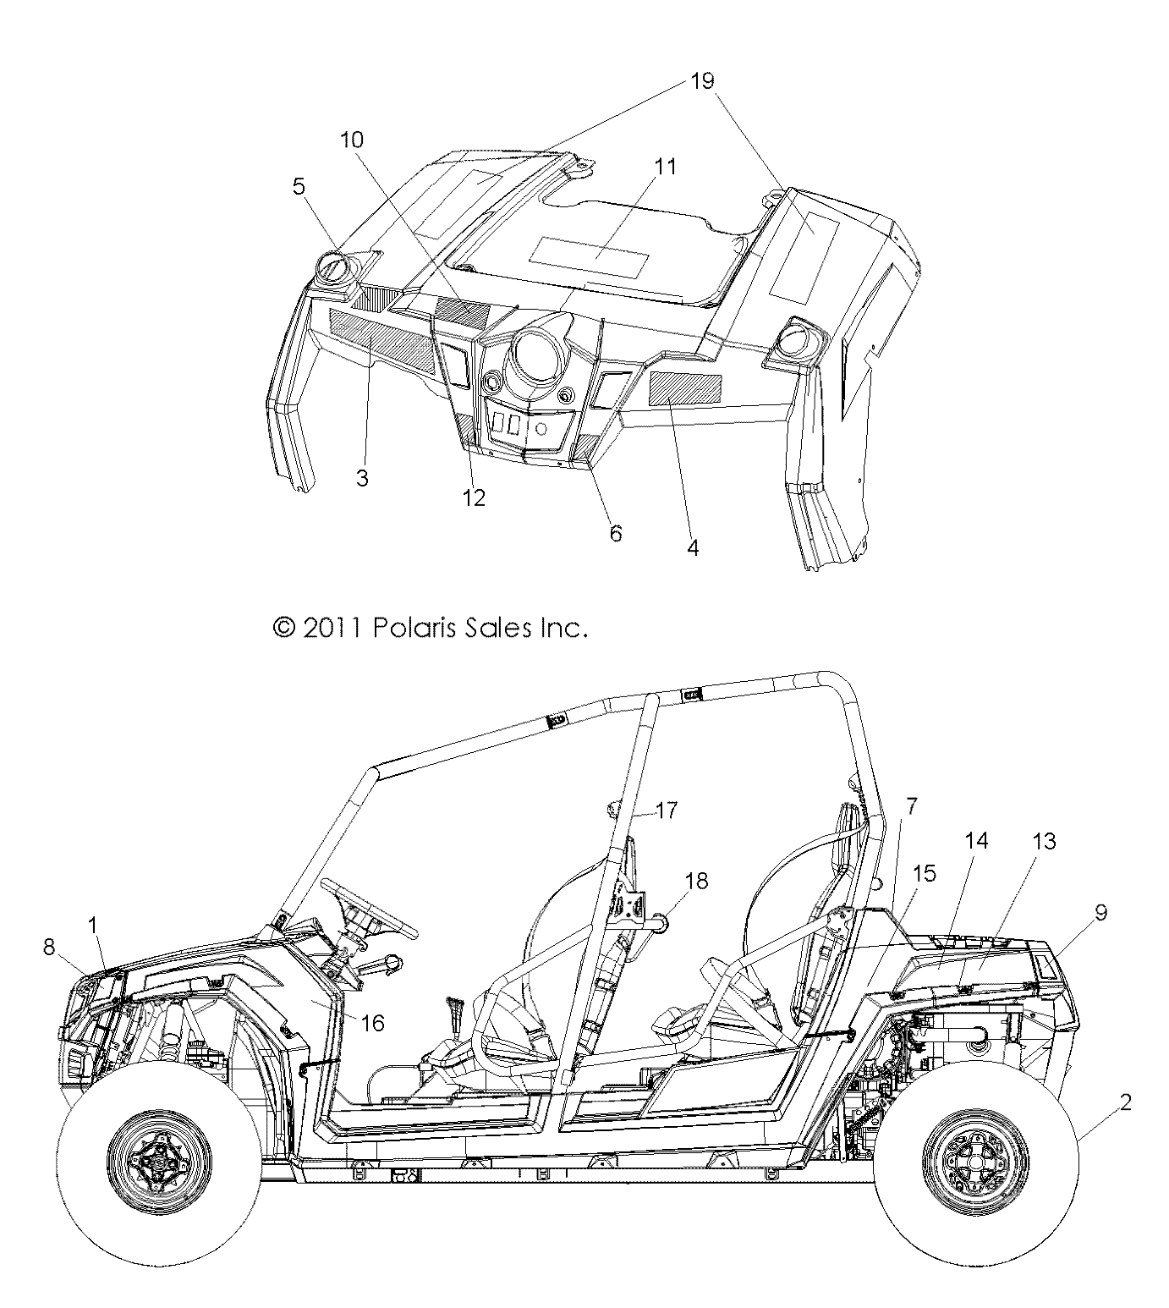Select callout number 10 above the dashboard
point(352,139)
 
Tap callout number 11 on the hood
point(666,167)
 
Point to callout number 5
point(299,186)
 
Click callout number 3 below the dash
point(362,478)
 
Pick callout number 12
point(474,497)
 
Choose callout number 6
point(615,533)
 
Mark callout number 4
point(692,547)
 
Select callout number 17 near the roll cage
point(666,811)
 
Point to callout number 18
point(696,881)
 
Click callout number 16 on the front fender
point(372,1023)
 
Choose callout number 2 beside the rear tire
point(1125,1102)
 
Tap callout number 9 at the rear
point(1100,912)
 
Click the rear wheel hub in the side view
point(964,1165)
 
